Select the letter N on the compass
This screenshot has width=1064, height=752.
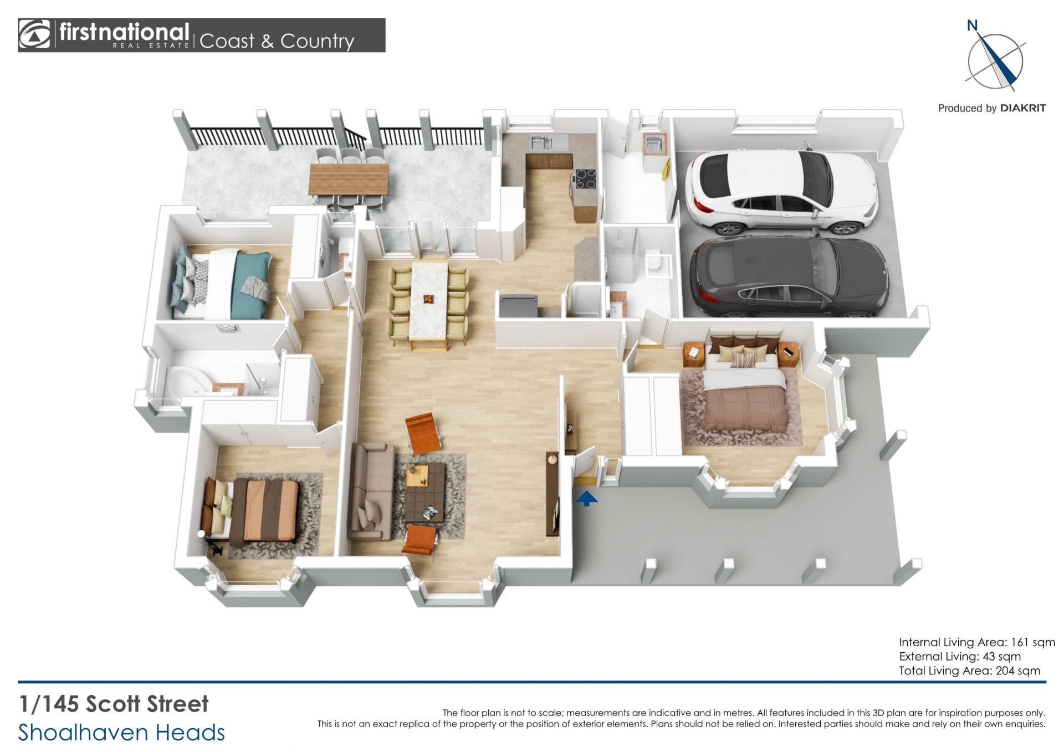972,25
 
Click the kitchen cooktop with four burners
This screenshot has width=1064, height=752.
585,178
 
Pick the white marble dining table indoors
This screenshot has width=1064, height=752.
429,300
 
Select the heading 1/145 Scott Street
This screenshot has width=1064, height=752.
114,704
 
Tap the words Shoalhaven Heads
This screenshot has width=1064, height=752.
121,733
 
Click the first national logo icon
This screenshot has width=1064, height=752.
34,35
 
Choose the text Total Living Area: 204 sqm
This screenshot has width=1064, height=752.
969,671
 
